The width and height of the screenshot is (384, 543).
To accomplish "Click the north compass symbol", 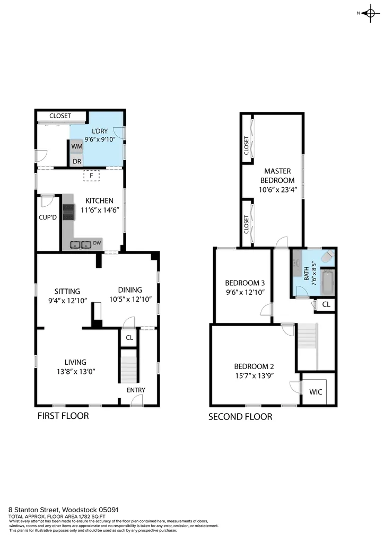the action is click(370, 13).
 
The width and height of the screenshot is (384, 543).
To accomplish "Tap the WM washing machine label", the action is click(76, 146).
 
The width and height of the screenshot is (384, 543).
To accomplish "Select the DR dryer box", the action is click(77, 161).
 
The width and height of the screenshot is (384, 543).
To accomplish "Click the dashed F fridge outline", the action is click(91, 176).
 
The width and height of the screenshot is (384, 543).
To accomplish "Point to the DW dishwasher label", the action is click(97, 243).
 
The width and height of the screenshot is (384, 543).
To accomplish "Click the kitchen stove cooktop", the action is click(68, 212).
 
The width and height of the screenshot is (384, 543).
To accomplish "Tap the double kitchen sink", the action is click(81, 245).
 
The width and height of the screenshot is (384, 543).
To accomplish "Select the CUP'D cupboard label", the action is click(47, 217).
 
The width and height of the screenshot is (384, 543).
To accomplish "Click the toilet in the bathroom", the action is click(328, 256).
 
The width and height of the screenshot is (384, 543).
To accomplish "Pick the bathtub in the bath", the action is click(327, 282).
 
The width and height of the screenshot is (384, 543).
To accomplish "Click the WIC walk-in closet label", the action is click(316, 392).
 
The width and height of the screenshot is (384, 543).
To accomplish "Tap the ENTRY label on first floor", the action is click(136, 390).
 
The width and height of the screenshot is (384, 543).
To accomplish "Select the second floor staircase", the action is click(308, 336).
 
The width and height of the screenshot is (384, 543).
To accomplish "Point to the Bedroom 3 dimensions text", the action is click(245, 292).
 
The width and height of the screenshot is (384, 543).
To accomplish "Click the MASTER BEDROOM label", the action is click(277, 176).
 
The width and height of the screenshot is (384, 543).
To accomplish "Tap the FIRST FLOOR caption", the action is click(63, 416).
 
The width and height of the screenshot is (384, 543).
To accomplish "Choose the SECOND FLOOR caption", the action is click(240, 417).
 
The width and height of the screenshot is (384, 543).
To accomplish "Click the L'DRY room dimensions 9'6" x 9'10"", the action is click(100, 139).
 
